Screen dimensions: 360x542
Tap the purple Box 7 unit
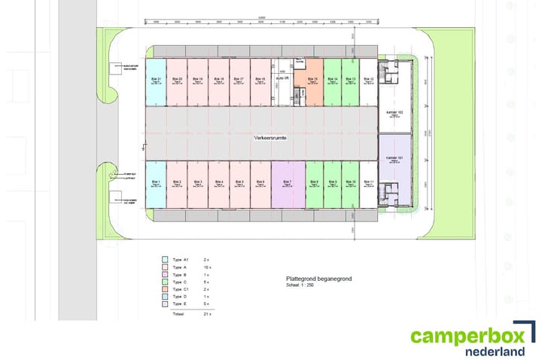click(287, 184)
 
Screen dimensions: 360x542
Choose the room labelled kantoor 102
click(395, 113)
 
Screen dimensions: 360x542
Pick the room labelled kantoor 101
click(394, 157)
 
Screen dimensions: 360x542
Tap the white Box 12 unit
click(367, 81)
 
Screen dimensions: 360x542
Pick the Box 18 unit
click(218, 81)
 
